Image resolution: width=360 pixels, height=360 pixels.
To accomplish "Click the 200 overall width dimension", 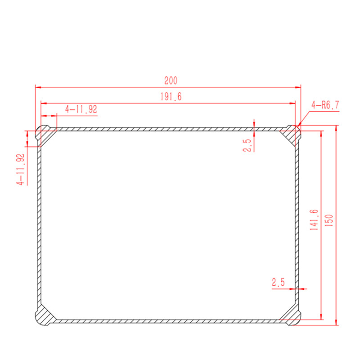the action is pyautogui.click(x=171, y=81).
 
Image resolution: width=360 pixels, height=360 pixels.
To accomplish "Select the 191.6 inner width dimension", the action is pyautogui.click(x=171, y=97).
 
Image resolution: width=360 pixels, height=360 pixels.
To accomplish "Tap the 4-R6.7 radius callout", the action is pyautogui.click(x=325, y=105).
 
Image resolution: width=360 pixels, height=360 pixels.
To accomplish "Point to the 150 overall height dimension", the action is pyautogui.click(x=329, y=220).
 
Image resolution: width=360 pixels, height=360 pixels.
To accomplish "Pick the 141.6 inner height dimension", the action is pyautogui.click(x=314, y=220).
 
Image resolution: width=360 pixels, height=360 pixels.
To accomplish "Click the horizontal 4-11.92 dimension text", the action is pyautogui.click(x=81, y=109).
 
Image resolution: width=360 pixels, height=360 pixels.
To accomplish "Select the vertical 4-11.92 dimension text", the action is pyautogui.click(x=20, y=169).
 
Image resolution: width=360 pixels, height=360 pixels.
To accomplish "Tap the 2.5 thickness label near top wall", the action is pyautogui.click(x=247, y=145).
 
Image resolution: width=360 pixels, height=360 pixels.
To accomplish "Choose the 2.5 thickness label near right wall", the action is pyautogui.click(x=278, y=282).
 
